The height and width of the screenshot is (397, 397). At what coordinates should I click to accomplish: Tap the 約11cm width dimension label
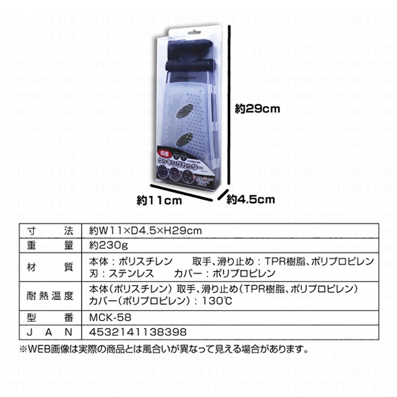point(158,200)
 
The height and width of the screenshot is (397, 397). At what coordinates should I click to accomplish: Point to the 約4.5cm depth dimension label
point(251,199)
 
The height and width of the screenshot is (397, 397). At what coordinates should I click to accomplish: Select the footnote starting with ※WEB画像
point(164,348)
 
